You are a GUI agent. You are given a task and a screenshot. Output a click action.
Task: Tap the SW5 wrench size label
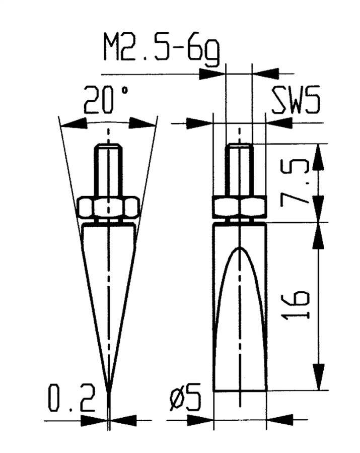296,101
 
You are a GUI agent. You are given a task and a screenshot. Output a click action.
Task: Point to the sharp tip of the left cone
108,391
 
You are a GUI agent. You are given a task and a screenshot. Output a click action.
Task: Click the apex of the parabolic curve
240,248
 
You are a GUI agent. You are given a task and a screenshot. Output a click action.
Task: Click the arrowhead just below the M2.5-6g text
212,74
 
